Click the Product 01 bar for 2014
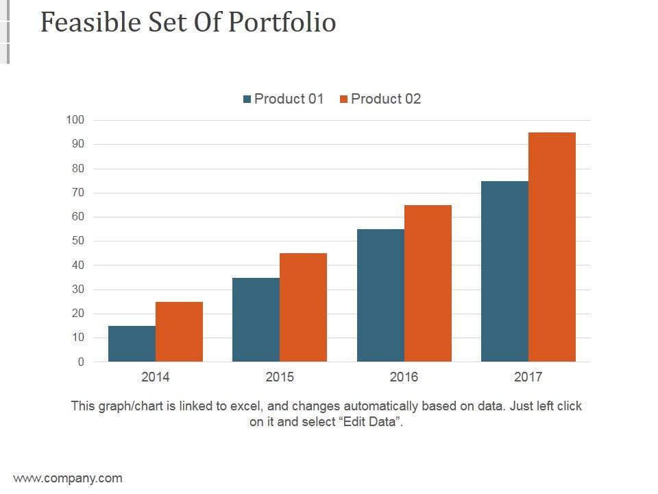132,344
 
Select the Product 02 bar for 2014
179,331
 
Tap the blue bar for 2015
256,320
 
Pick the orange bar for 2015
303,307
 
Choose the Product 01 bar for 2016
380,295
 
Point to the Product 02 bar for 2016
428,283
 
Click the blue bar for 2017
504,271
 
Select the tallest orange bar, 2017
552,247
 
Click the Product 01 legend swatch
247,99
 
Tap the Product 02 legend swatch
343,99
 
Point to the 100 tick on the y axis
75,120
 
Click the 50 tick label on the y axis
77,241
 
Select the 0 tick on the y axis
80,362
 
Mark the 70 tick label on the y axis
77,193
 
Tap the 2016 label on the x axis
404,377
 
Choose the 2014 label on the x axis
156,377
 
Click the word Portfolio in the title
282,23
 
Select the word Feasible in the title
89,23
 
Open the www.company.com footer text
68,478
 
